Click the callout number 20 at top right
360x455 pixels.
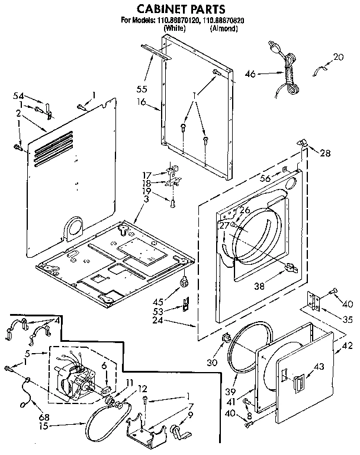coord(338,57)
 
